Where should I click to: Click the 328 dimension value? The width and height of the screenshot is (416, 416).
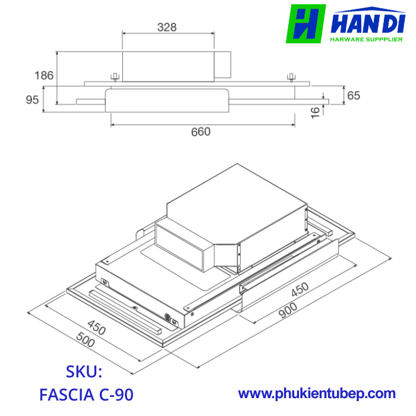click(x=167, y=27)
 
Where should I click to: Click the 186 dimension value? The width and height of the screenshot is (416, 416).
click(x=44, y=75)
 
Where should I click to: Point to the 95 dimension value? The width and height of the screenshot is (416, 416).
click(x=33, y=100)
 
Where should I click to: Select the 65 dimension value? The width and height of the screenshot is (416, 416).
click(x=354, y=96)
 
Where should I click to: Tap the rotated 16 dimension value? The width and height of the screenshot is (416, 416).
click(x=316, y=111)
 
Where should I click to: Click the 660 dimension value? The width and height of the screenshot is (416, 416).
click(x=200, y=132)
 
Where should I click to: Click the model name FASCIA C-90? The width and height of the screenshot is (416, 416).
click(x=86, y=394)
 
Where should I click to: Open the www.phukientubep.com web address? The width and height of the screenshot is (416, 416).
click(x=317, y=393)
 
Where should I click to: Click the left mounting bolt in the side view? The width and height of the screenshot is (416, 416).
click(x=115, y=77)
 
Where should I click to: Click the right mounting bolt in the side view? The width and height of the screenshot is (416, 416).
click(x=291, y=78)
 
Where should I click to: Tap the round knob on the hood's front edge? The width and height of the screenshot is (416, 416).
click(x=169, y=318)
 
